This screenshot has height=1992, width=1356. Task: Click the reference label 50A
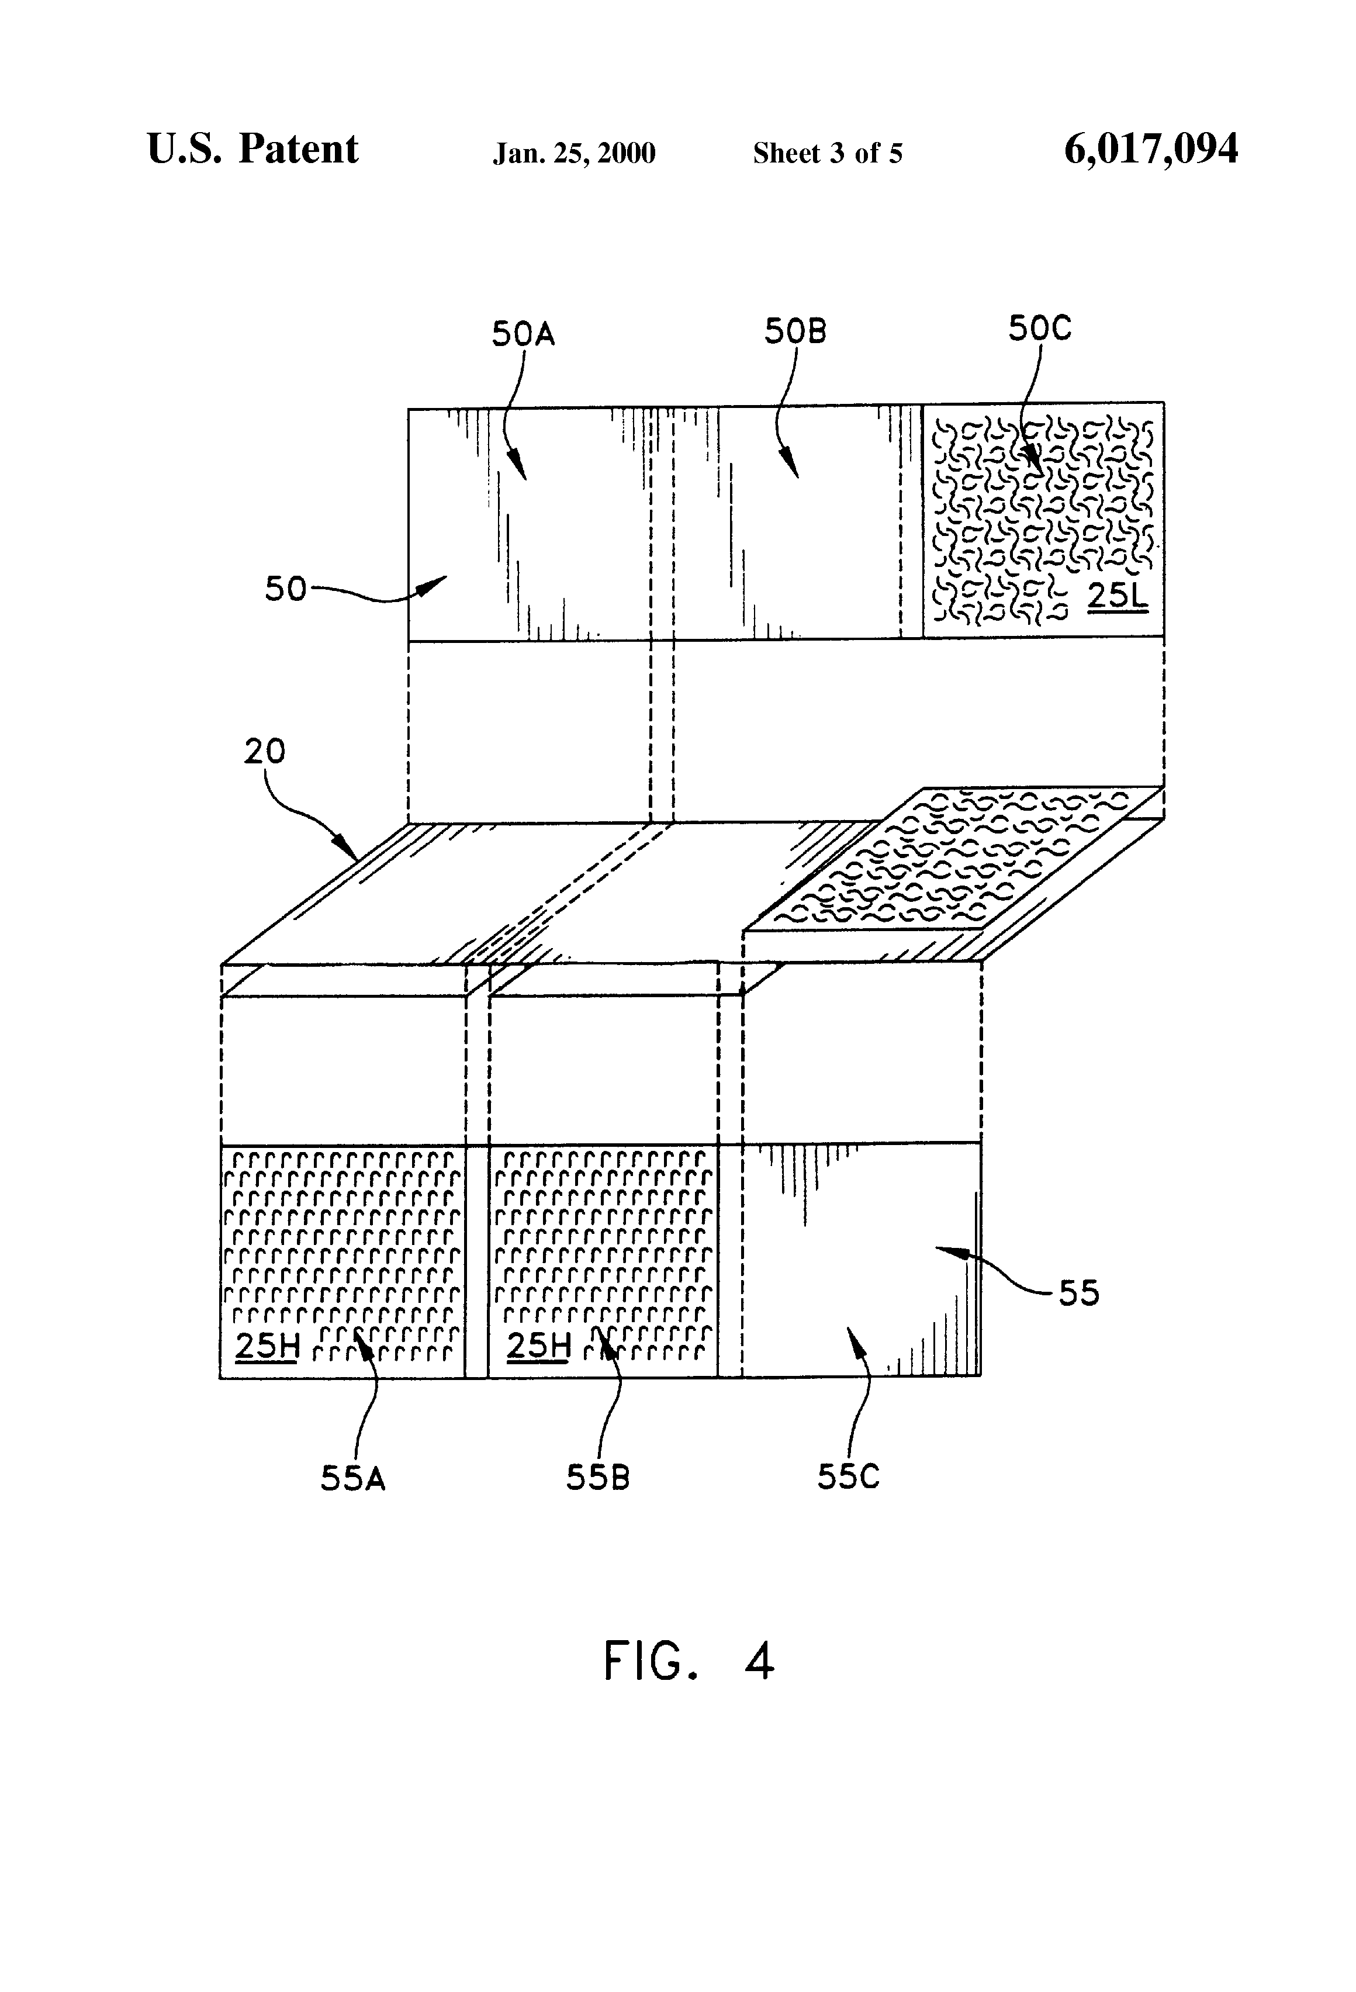(x=523, y=333)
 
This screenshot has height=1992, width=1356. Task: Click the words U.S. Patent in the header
(x=253, y=149)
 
